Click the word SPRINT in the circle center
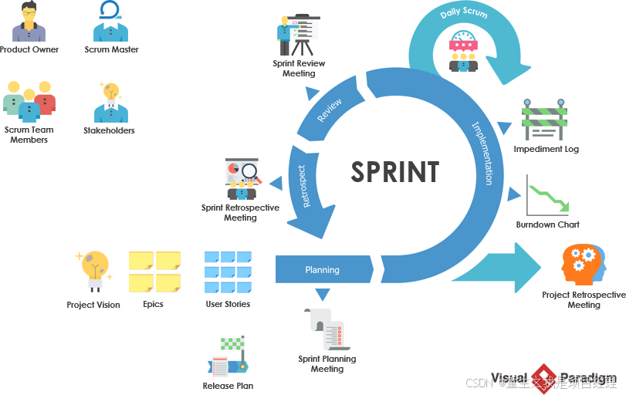coord(395,172)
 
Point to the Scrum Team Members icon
coord(29,101)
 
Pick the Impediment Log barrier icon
coord(544,120)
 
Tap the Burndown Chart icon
coord(547,196)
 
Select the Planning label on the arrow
coord(323,270)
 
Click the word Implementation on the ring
coord(482,153)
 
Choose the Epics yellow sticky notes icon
coord(154,272)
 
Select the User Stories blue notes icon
coord(228,272)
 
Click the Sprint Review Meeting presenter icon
coord(297,35)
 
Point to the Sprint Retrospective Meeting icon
coord(242,179)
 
